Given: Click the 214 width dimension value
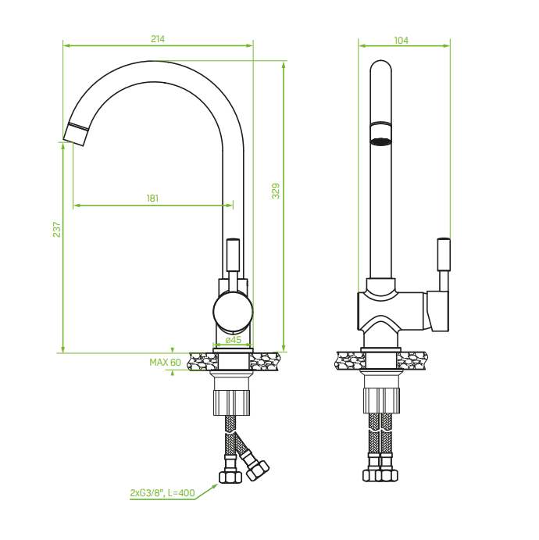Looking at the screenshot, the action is click(158, 39).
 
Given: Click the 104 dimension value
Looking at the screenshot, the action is click(401, 41).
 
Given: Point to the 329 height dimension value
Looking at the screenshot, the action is click(276, 191).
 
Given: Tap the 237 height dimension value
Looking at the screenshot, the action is click(56, 229).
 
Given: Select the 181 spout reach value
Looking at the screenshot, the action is click(152, 198).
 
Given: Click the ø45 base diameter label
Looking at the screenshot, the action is click(233, 340).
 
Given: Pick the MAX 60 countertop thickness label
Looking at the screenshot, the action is click(165, 363).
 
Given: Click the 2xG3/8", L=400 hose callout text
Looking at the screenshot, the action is click(162, 493).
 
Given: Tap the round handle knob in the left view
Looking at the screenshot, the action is click(233, 311).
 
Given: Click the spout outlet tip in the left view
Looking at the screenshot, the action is click(76, 134).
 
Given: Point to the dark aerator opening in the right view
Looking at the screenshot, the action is click(381, 141).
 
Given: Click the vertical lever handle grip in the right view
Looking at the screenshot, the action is click(444, 254).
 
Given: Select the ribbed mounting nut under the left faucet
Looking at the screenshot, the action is click(231, 402).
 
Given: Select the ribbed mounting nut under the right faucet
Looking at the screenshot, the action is click(381, 400).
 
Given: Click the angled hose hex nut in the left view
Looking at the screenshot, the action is click(258, 470).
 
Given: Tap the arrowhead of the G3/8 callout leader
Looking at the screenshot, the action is click(215, 486).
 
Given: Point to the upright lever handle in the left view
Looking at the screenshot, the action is click(234, 255).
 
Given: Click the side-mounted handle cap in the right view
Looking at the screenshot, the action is click(437, 311).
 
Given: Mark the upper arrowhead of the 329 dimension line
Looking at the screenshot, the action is click(284, 65).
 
